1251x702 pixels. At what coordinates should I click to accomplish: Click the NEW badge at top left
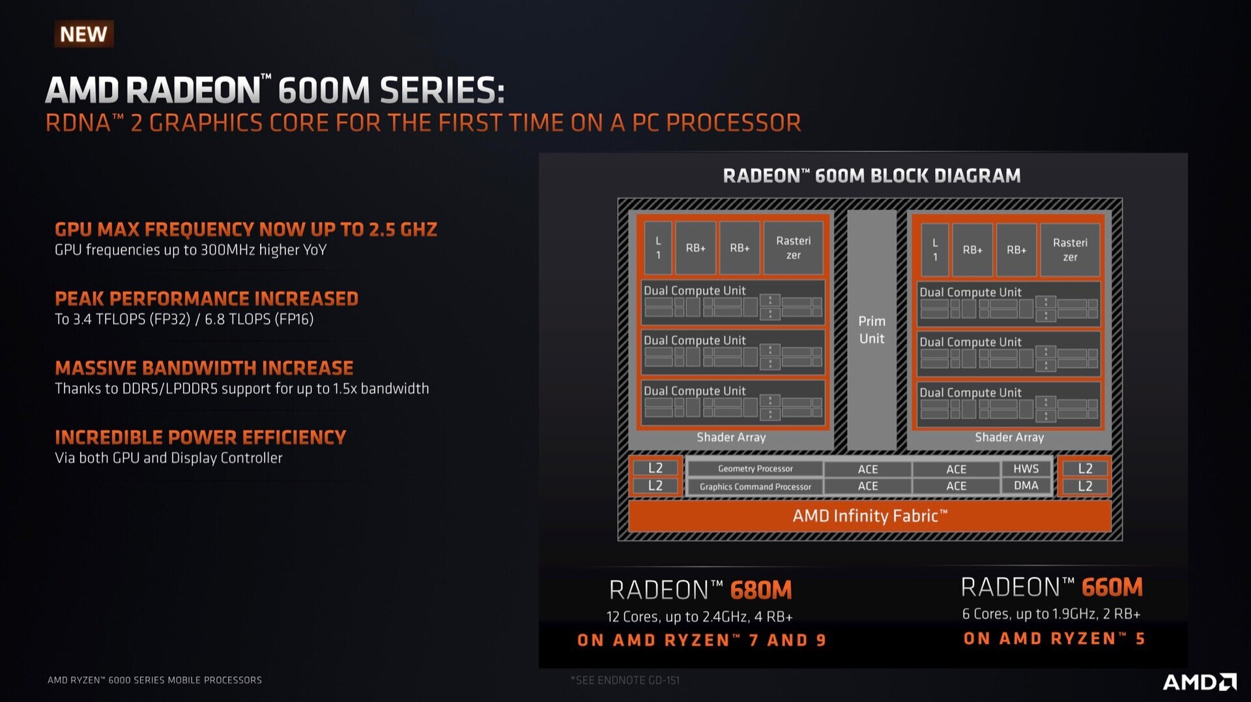[83, 34]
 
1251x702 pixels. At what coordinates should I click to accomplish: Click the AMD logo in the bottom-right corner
[1200, 682]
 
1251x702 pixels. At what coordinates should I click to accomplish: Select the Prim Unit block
[872, 330]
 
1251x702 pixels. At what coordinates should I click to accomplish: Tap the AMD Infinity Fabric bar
[870, 516]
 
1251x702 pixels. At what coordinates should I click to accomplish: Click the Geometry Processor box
[755, 469]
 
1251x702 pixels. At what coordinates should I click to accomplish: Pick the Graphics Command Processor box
[755, 486]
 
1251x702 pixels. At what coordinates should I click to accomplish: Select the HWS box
[1026, 469]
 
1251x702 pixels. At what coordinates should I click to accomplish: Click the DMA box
[1026, 486]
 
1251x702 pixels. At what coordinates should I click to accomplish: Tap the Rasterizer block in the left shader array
[793, 248]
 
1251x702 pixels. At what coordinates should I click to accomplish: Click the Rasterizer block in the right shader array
[1070, 250]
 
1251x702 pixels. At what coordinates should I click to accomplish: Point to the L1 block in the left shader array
[658, 248]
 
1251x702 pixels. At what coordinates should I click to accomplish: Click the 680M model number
[760, 590]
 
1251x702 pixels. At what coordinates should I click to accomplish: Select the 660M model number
[1112, 587]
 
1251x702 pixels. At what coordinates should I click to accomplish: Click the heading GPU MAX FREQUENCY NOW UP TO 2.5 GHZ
[246, 229]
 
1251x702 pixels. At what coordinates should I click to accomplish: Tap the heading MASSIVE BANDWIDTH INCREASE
[204, 368]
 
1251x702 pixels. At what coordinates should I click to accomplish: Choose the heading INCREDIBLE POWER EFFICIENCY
[200, 437]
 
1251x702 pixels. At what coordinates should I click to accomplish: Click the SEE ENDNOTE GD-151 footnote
[625, 680]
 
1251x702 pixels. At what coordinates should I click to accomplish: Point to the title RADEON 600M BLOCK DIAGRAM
[872, 176]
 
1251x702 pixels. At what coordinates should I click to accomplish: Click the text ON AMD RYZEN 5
[1054, 639]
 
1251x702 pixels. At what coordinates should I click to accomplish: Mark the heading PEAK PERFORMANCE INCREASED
[207, 299]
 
